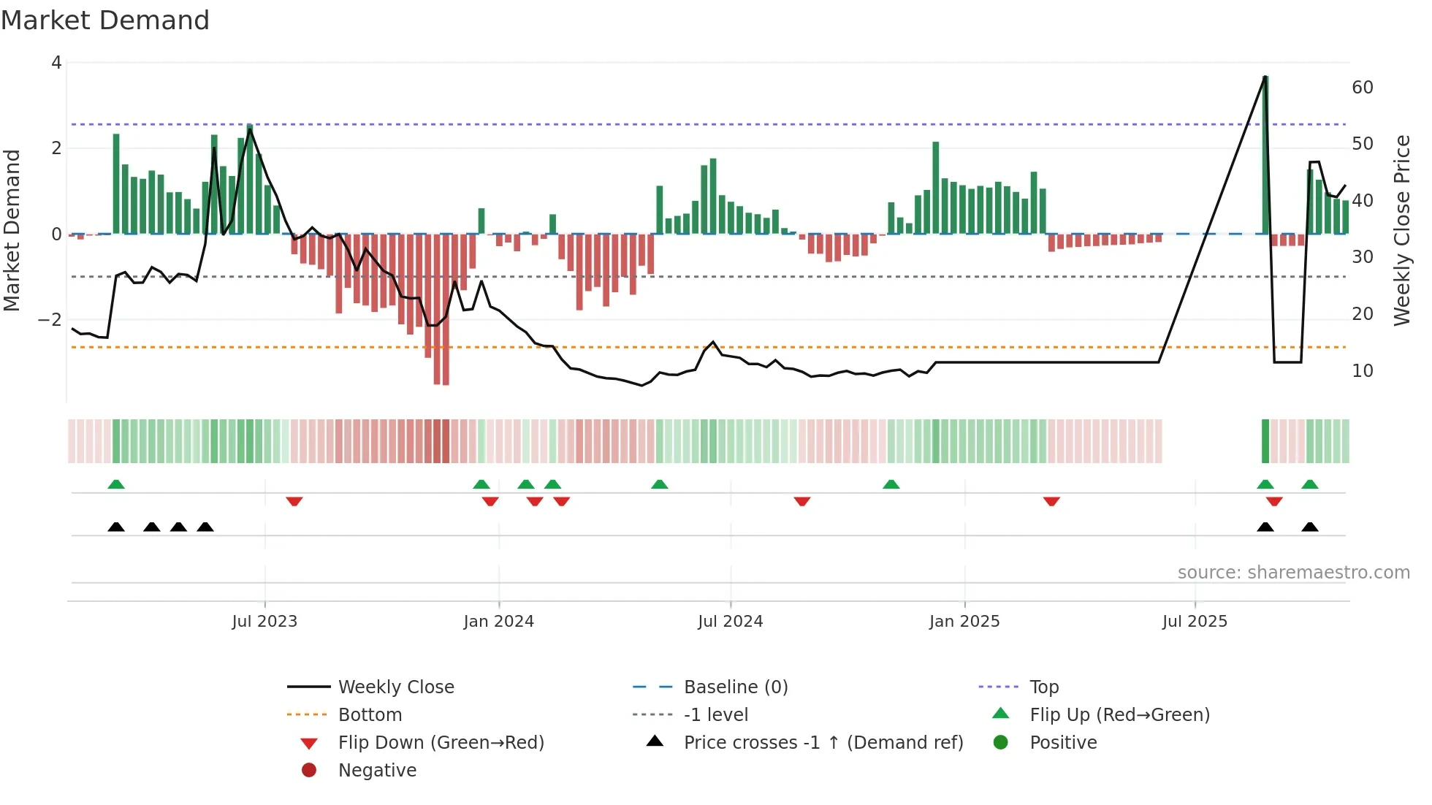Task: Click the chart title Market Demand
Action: pos(105,20)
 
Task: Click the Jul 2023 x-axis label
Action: pos(264,622)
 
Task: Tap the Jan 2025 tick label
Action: pos(964,622)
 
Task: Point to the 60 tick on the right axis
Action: pos(1362,88)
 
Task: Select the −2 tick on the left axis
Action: pos(50,320)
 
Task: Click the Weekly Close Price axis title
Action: pos(1401,230)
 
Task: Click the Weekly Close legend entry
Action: pos(395,687)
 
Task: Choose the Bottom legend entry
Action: pos(370,715)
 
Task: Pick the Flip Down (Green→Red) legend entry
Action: pos(441,743)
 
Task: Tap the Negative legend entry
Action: pos(377,771)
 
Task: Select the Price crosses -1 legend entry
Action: pos(823,743)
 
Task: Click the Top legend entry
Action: pos(1043,687)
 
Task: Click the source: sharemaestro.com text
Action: pos(1293,573)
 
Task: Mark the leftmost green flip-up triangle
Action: pos(116,484)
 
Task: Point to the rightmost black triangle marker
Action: pos(1309,527)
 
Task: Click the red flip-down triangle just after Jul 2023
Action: pos(294,501)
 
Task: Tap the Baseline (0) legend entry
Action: pos(735,687)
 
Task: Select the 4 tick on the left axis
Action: pos(56,63)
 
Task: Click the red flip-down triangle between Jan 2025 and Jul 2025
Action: pos(1051,501)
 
